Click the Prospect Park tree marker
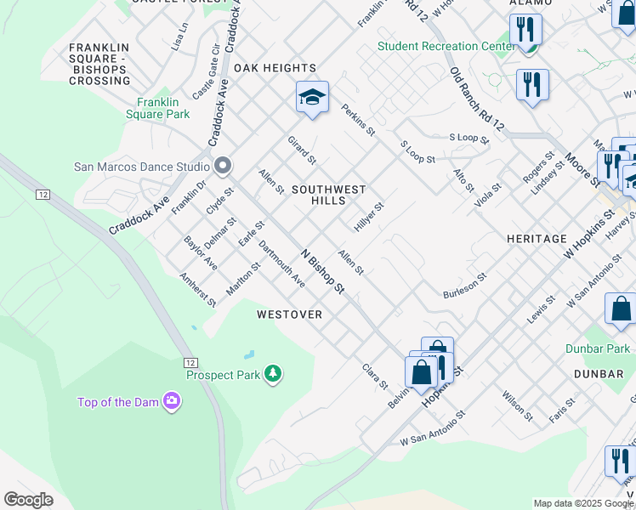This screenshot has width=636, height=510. tap(272, 374)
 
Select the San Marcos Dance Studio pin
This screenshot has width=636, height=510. tap(224, 166)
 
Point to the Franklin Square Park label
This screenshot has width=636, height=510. tap(157, 107)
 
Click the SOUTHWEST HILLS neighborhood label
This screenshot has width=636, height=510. tap(328, 195)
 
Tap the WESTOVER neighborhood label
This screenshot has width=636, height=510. tap(289, 314)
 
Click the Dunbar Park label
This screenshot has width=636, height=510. tap(598, 348)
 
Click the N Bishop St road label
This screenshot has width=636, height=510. tap(323, 272)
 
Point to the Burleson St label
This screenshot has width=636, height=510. tap(464, 286)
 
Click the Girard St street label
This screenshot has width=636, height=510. tap(302, 150)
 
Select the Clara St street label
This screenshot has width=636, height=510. tap(375, 377)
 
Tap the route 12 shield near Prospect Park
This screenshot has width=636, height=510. tap(190, 362)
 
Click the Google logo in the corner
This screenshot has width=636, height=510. tap(28, 500)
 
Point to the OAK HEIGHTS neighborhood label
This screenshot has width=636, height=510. tap(275, 68)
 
